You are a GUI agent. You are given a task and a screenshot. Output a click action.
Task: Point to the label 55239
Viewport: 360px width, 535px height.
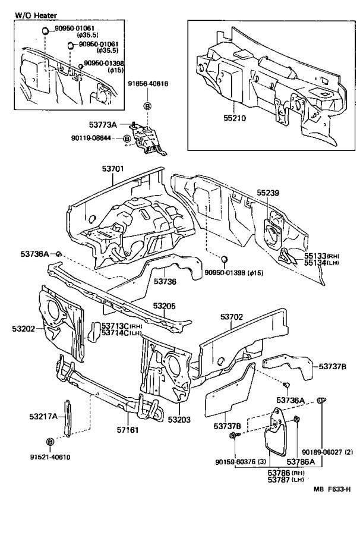point(269,193)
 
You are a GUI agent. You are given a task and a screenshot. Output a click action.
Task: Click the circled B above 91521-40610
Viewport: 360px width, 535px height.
point(49,442)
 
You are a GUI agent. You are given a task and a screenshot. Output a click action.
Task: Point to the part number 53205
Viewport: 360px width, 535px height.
point(164,306)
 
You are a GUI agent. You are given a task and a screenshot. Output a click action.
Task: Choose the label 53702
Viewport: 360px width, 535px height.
point(232,317)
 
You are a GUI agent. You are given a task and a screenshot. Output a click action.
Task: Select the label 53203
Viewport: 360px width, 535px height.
point(179,420)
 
